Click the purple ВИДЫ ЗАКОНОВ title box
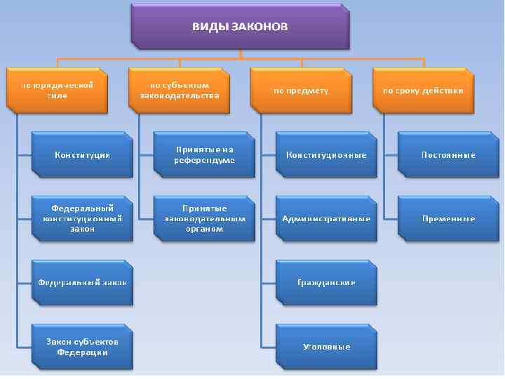point(240,27)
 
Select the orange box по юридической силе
point(58,90)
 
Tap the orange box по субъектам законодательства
point(180,90)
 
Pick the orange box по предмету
point(301,90)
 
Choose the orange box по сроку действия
point(423,90)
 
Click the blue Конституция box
point(83,155)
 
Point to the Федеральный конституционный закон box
point(83,219)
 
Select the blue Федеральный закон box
point(83,283)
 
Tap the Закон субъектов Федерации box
point(83,347)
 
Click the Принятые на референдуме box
point(204,155)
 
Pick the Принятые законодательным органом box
point(204,219)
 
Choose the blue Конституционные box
point(326,155)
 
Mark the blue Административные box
point(326,219)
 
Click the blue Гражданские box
point(326,283)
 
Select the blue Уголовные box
point(326,347)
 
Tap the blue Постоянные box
point(448,155)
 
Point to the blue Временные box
point(448,219)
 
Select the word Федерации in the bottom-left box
point(83,352)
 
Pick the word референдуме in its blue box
point(204,161)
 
